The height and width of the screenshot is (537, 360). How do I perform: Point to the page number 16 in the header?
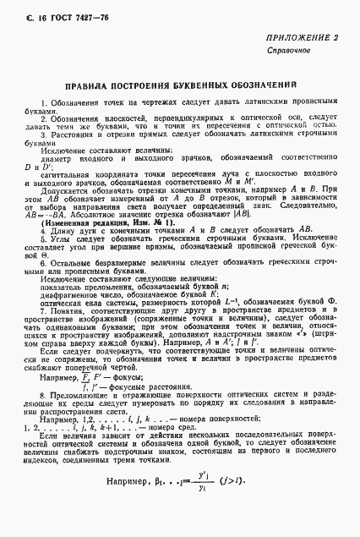click(x=25, y=9)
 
